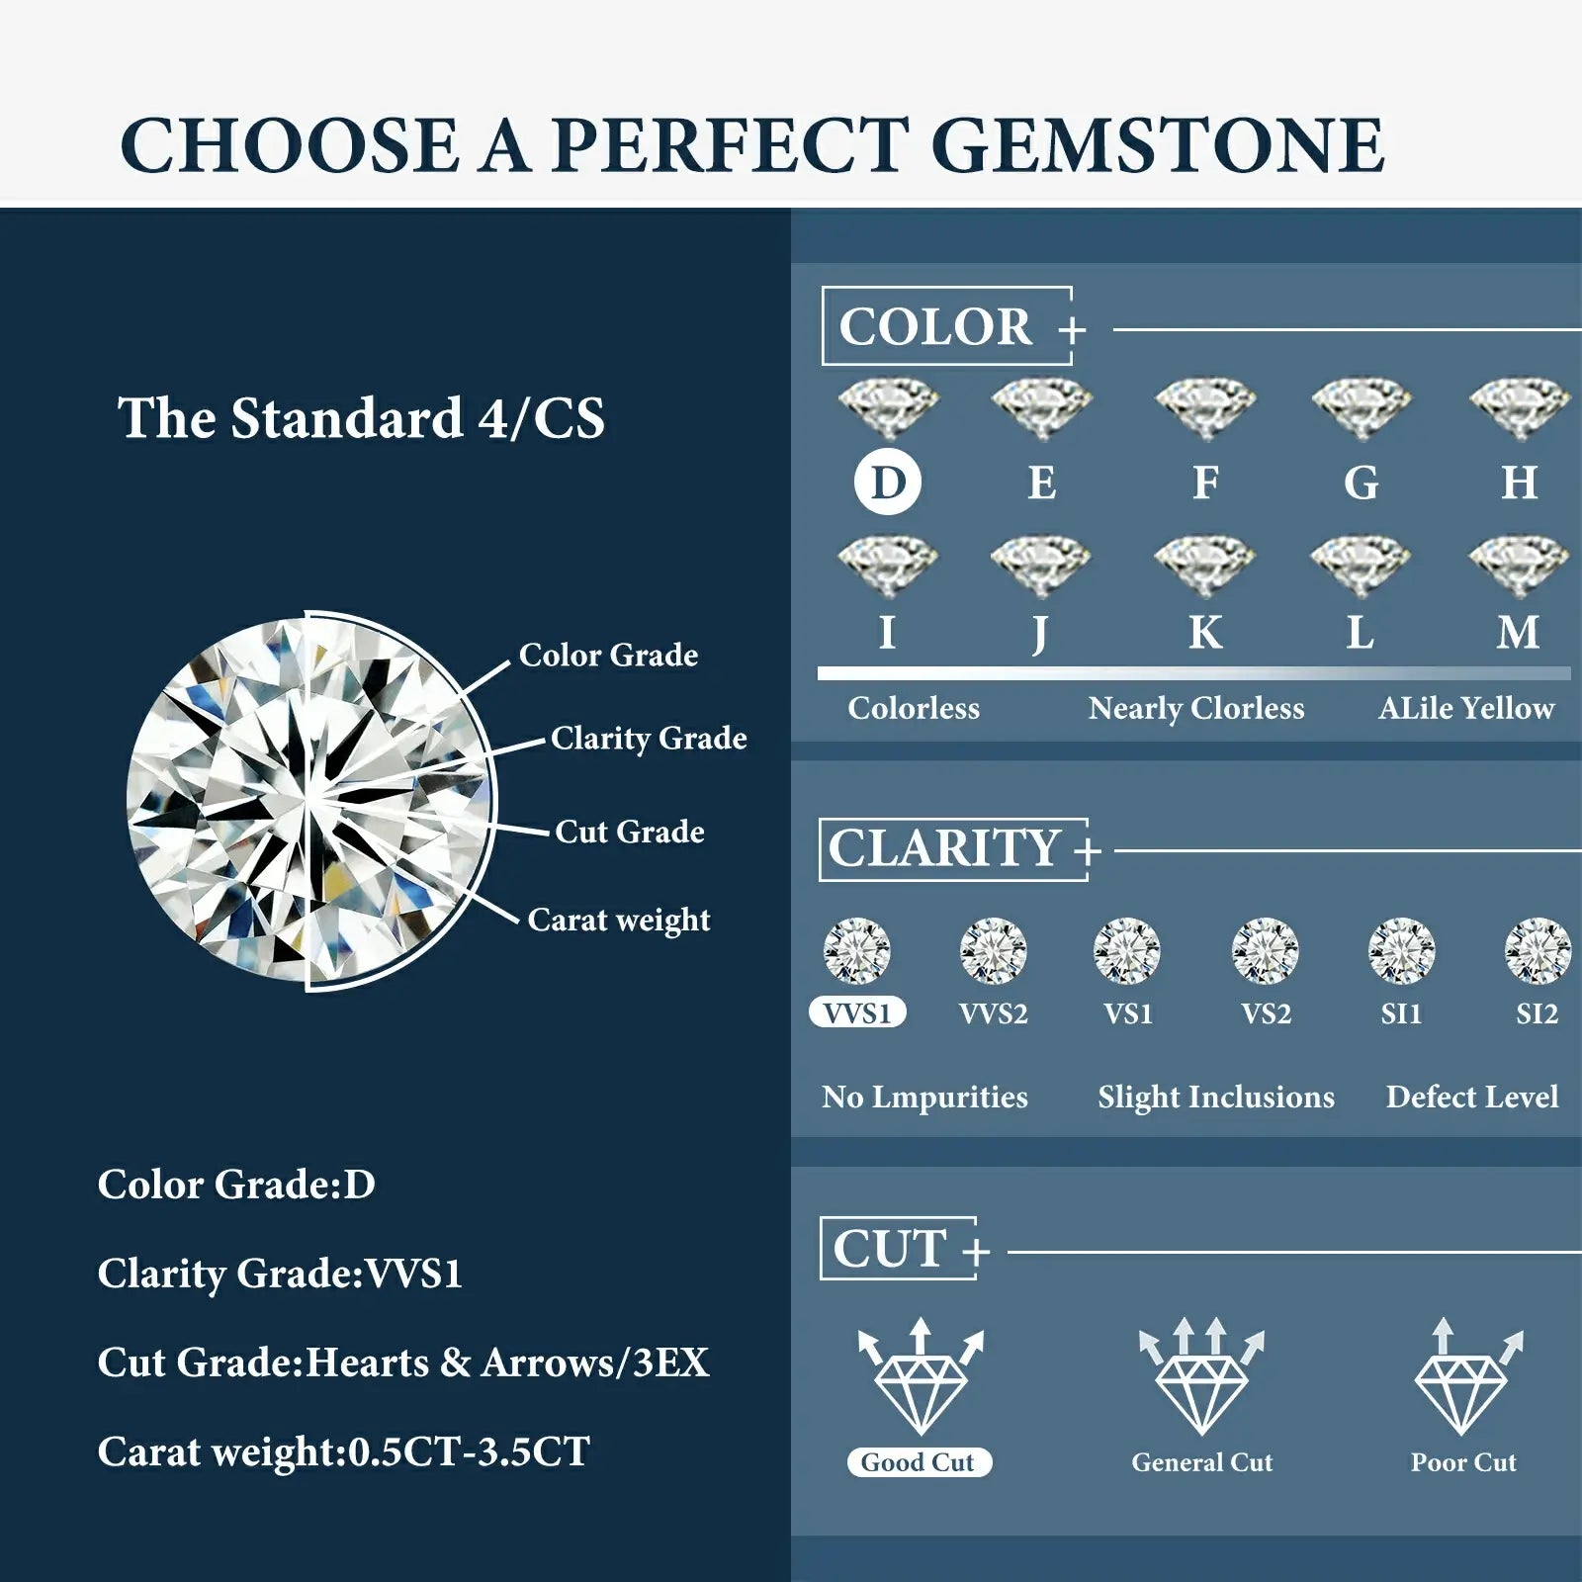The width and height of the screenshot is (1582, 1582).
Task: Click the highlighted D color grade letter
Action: click(x=887, y=483)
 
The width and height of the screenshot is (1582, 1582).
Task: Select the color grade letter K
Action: click(x=1204, y=632)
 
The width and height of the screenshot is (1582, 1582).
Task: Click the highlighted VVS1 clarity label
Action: click(x=857, y=1013)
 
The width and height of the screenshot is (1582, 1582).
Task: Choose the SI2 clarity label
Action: click(x=1537, y=1013)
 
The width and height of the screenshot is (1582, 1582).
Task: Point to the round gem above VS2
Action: click(x=1265, y=950)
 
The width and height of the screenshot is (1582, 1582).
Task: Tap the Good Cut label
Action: click(x=919, y=1462)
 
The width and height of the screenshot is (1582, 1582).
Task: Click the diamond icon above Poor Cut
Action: click(x=1463, y=1379)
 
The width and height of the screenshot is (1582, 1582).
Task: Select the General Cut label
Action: click(x=1201, y=1462)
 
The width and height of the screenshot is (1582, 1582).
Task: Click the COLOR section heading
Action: click(x=936, y=326)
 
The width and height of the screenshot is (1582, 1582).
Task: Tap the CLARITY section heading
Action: click(x=944, y=848)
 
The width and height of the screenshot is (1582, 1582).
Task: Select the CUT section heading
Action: click(x=890, y=1249)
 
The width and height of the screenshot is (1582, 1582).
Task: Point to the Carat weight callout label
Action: click(x=619, y=920)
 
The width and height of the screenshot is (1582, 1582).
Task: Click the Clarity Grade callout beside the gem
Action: click(x=649, y=738)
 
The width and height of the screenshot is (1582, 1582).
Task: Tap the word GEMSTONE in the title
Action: click(x=1157, y=145)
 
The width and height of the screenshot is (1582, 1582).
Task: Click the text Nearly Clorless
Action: click(x=1196, y=708)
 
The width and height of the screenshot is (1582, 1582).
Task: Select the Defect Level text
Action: click(x=1471, y=1097)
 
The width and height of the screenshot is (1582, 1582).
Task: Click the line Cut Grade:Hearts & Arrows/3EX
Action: click(x=403, y=1362)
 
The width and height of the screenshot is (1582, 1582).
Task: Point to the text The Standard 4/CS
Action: click(x=361, y=417)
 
